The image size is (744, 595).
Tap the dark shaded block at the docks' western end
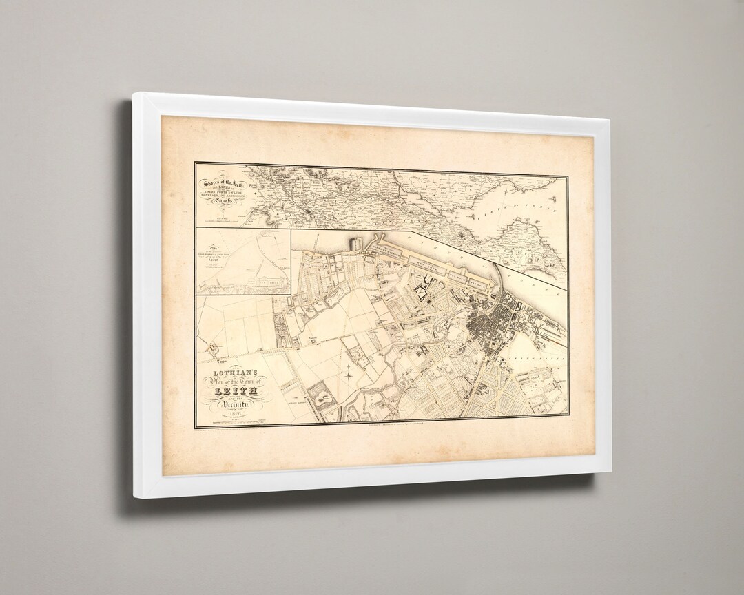pyautogui.click(x=356, y=244)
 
